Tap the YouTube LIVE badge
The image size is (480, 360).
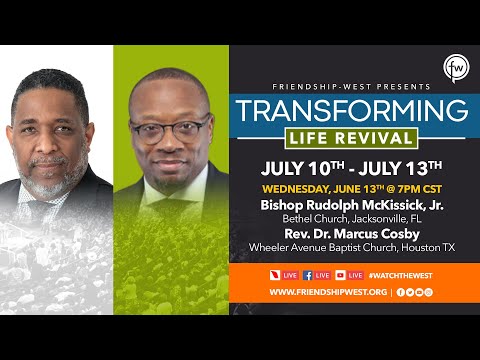click(x=350, y=274)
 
